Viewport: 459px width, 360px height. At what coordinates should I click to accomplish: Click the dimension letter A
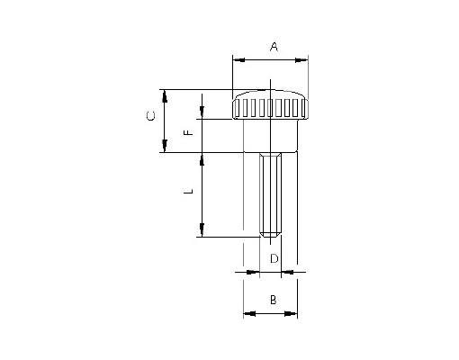274,47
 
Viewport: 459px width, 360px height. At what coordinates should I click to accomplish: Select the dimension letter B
274,300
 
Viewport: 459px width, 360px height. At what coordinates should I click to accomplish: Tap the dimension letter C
151,116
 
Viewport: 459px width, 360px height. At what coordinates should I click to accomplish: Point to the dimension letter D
274,258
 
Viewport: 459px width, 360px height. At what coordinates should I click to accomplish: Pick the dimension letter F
188,132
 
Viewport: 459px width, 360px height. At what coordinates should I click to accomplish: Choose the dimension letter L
188,191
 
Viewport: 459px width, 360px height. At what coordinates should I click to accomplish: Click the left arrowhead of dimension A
239,60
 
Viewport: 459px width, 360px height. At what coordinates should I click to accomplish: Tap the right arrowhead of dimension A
301,60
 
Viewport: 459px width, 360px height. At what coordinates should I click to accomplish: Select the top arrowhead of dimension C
165,96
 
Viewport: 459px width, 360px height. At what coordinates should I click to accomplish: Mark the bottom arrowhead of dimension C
165,146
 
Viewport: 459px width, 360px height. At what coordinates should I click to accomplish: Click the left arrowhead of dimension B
249,314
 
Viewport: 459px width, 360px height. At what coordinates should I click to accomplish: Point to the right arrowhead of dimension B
291,314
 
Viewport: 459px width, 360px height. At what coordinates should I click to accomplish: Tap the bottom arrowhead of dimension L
202,230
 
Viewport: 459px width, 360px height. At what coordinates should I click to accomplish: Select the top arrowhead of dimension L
202,159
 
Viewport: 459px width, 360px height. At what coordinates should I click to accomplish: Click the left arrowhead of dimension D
253,272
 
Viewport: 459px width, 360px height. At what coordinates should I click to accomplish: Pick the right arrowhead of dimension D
288,272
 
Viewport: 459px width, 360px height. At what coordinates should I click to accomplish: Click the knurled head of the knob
270,104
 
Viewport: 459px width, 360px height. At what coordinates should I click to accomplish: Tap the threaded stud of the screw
271,194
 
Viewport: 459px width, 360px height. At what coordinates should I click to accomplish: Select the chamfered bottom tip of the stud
271,234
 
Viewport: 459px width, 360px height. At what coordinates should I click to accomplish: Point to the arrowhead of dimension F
202,112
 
